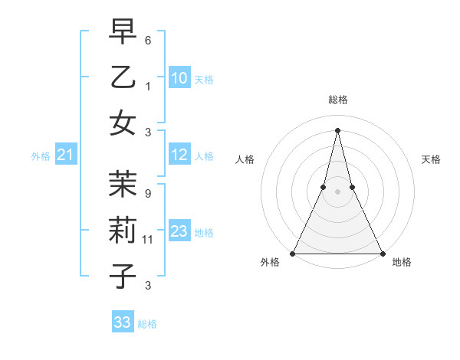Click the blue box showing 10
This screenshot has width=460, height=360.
[179, 77]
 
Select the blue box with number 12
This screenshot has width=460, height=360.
[179, 155]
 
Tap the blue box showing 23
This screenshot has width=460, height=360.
[179, 231]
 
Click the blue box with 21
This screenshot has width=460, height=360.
[66, 155]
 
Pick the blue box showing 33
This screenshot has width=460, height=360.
[123, 322]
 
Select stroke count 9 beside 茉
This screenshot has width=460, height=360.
[148, 193]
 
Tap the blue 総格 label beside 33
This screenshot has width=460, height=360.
[147, 324]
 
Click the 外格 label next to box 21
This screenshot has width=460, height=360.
[41, 156]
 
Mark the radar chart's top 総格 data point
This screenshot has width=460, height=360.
[337, 130]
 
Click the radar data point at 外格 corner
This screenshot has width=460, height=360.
[294, 253]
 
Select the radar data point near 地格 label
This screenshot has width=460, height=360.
[381, 253]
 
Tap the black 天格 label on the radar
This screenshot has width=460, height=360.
[432, 159]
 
